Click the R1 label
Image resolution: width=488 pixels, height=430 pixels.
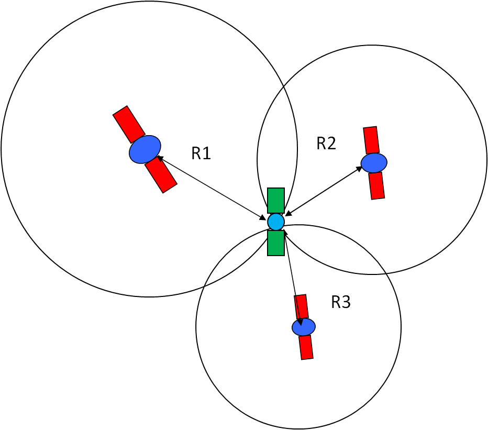point(201,153)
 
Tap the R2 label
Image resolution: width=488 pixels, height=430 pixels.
point(326,144)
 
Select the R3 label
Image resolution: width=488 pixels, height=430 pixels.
point(341,302)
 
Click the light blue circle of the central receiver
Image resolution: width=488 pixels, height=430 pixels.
point(276,222)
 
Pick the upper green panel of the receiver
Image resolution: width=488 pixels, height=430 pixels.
point(276,201)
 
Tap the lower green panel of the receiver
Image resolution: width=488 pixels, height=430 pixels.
point(276,243)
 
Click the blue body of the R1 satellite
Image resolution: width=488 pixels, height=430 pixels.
point(145,149)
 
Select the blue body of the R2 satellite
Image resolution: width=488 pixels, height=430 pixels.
point(374,162)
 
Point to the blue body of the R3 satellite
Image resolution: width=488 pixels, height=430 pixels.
point(304,327)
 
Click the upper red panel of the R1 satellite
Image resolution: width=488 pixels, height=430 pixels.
point(129,124)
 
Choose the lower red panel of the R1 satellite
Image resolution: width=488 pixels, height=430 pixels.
point(161,174)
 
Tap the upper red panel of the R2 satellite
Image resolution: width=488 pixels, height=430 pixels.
point(371,140)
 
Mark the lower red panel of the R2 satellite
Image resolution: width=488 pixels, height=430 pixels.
point(376,185)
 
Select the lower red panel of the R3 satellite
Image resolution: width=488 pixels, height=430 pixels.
point(306,347)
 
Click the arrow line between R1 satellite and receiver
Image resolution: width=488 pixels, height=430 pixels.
point(211,188)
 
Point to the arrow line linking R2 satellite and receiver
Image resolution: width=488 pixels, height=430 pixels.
point(324,191)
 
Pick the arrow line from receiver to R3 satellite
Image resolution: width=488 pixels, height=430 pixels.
point(292,278)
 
